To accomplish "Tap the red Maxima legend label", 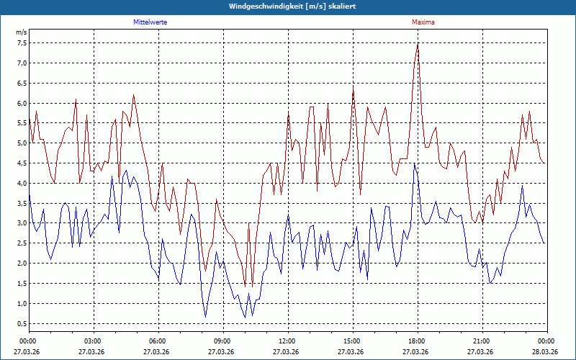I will coord(423,22).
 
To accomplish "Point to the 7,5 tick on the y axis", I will coord(22,42).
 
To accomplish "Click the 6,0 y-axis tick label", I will coord(22,103).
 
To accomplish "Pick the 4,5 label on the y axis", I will coord(22,163).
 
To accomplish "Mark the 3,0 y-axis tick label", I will coord(22,223).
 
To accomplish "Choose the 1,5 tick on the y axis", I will coord(22,283).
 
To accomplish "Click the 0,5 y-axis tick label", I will coord(22,323).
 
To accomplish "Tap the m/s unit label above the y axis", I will coord(21,33).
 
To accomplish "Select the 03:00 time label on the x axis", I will coord(94,341).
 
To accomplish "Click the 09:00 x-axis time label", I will coord(223,341).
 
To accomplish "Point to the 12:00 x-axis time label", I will coord(287,341).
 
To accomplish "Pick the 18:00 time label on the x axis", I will coord(417,341).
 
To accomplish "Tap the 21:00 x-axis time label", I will coord(482,341).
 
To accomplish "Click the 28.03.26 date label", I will coord(546,352).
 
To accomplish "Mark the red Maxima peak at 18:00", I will coord(418,44).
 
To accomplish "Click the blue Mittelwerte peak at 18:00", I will coord(414,164).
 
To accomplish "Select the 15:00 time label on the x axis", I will coord(352,341).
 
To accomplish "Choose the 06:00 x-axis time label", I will coord(158,341).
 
